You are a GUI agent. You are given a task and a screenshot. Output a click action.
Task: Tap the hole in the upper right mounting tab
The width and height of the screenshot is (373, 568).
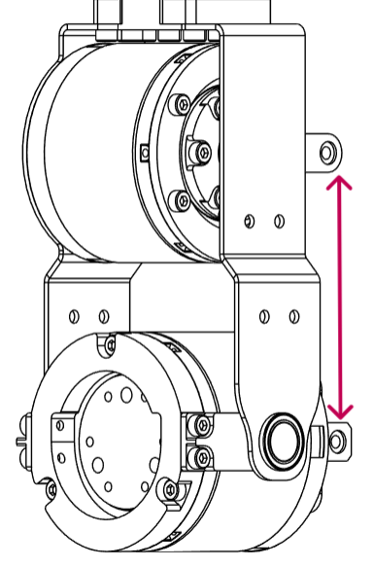pos(328,151)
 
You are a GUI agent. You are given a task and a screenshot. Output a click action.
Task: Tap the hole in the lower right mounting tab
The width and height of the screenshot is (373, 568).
pos(336,440)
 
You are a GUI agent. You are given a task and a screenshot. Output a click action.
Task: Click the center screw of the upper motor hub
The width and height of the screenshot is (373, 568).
pos(203,152)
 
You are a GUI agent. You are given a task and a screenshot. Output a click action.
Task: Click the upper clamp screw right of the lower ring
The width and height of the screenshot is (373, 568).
pos(202,424)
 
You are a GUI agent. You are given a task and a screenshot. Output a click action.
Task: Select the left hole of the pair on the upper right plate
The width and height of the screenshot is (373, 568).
pos(253,220)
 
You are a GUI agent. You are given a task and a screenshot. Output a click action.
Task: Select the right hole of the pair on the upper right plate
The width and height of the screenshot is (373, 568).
pos(279,220)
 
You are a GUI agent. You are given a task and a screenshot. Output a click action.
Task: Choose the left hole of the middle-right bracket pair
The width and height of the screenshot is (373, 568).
pos(264,316)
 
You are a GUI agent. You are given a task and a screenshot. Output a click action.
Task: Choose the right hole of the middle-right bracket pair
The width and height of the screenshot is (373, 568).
pos(293,316)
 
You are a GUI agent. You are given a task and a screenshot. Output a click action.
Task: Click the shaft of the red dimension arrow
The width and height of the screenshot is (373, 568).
pos(338,297)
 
